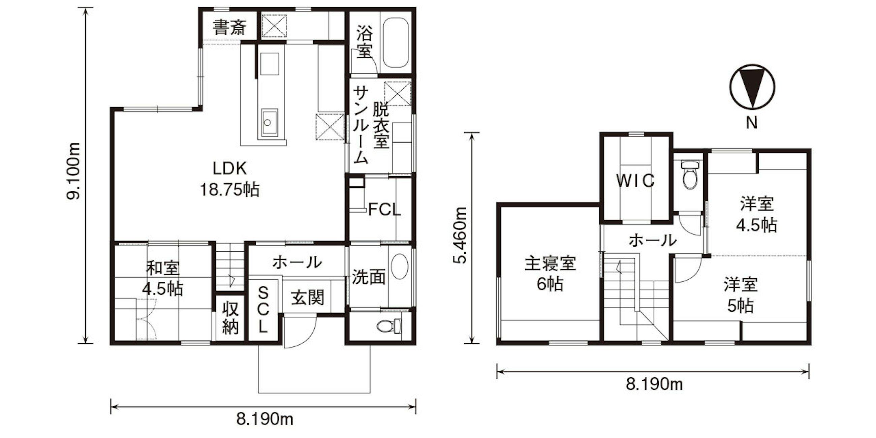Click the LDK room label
pyautogui.click(x=229, y=168)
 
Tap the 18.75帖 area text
pyautogui.click(x=229, y=189)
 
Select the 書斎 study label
pyautogui.click(x=230, y=28)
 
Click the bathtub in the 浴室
pyautogui.click(x=396, y=42)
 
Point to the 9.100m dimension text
pyautogui.click(x=73, y=171)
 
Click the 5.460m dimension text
pyautogui.click(x=461, y=235)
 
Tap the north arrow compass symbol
pyautogui.click(x=752, y=87)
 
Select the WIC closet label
pyautogui.click(x=635, y=181)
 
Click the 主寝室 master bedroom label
pyautogui.click(x=550, y=264)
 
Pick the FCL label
pyautogui.click(x=385, y=210)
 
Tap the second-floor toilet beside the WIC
pyautogui.click(x=690, y=174)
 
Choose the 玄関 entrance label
pyautogui.click(x=307, y=298)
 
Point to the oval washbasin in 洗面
pyautogui.click(x=399, y=267)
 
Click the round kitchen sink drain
pyautogui.click(x=268, y=122)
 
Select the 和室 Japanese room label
pyautogui.click(x=163, y=268)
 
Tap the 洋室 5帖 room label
pyautogui.click(x=740, y=295)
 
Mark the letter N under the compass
pyautogui.click(x=752, y=123)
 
